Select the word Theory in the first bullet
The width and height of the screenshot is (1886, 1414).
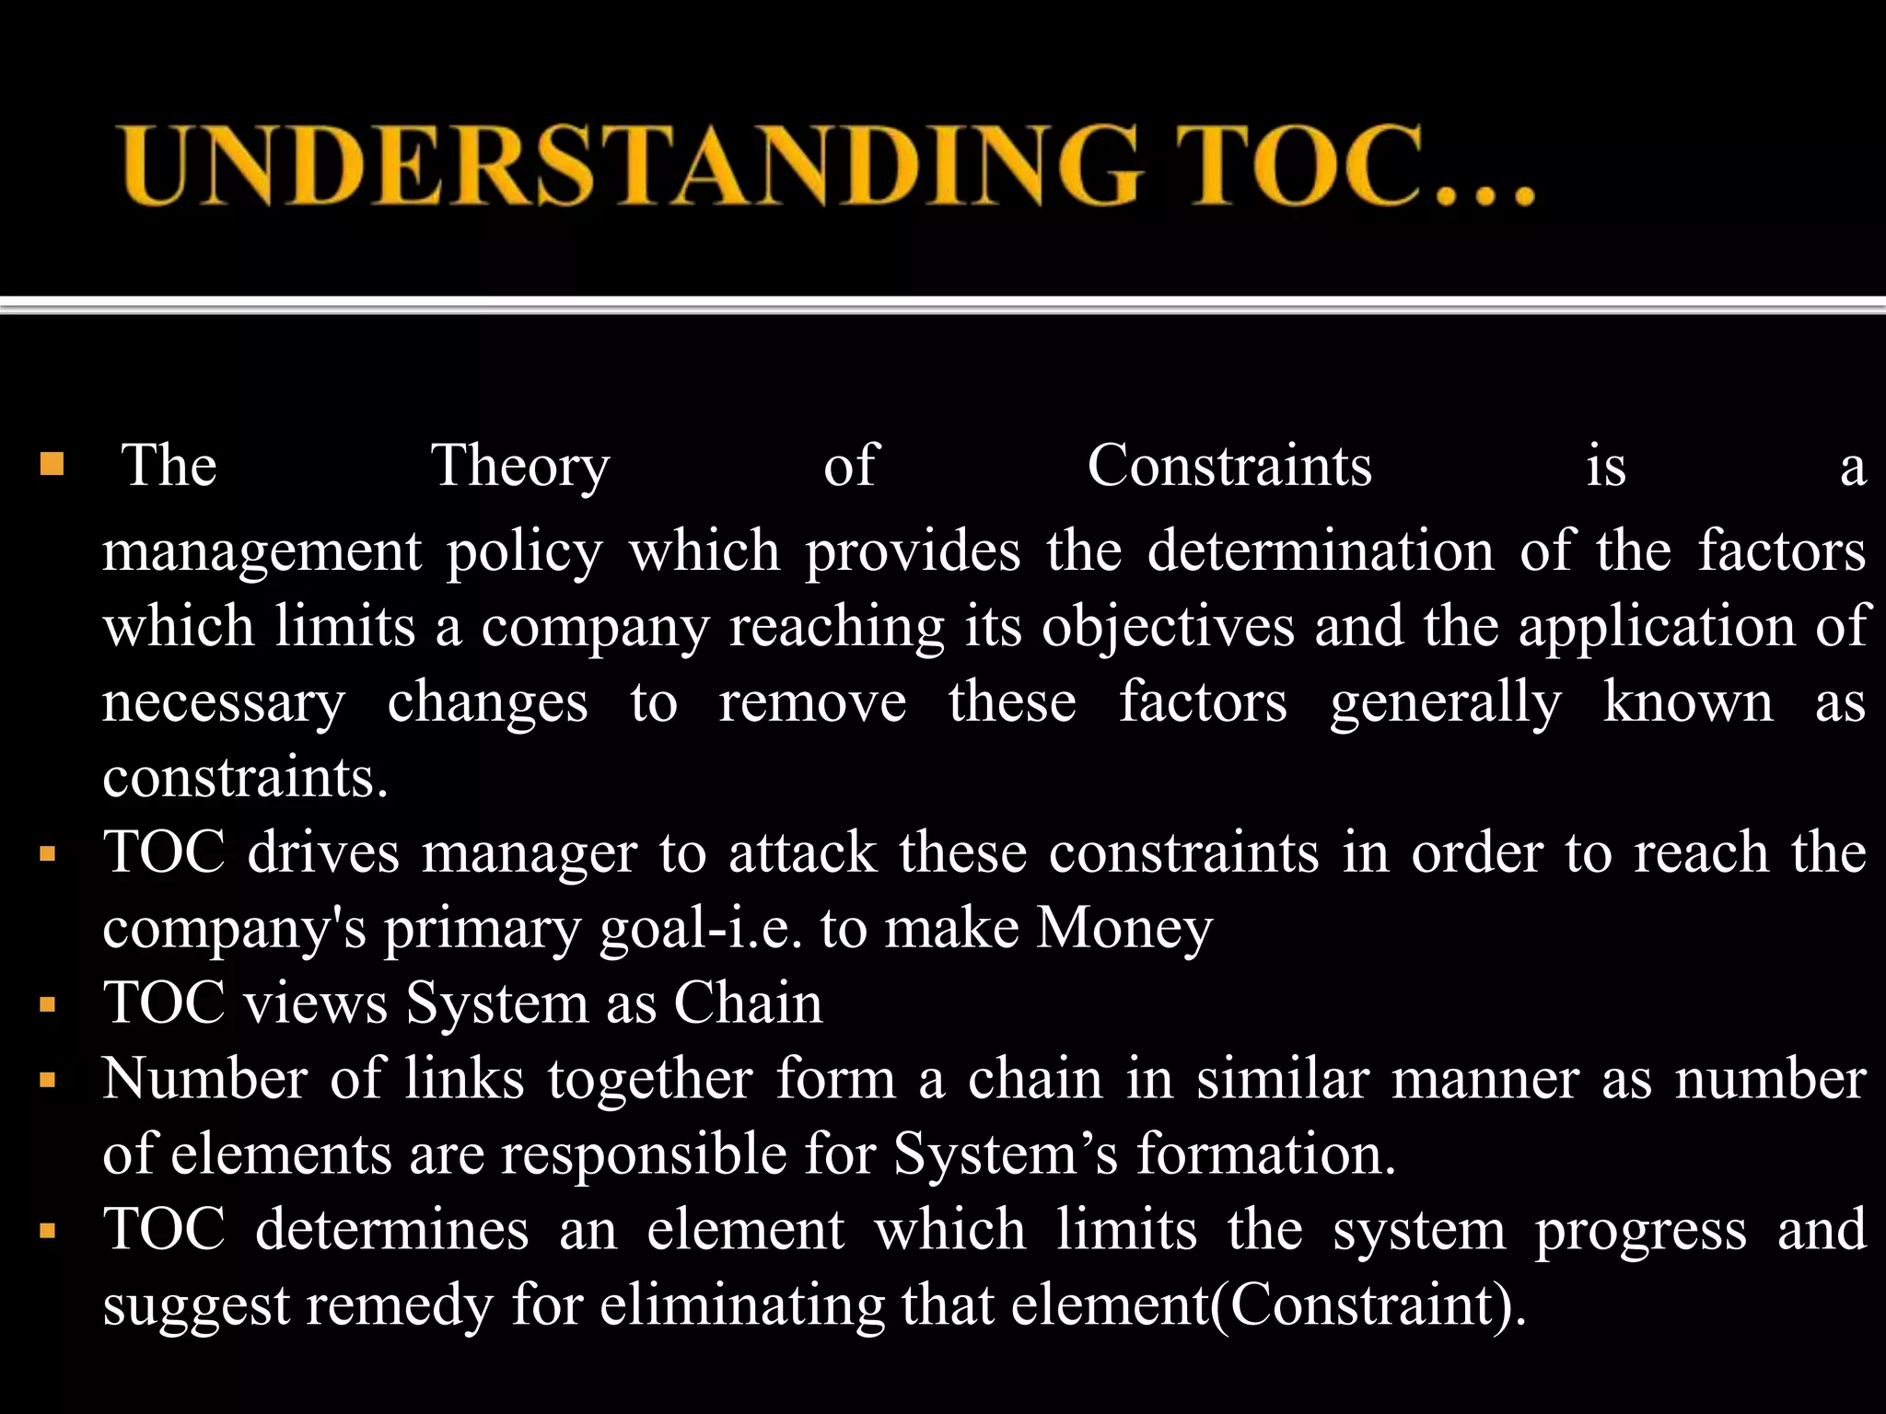tap(520, 466)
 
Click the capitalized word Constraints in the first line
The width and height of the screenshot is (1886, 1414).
tap(1229, 465)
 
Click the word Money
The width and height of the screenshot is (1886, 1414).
tap(1124, 928)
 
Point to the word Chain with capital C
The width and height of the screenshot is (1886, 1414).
tap(748, 1003)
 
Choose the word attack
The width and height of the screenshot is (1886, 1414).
tap(803, 852)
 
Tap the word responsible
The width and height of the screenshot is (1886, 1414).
tap(644, 1154)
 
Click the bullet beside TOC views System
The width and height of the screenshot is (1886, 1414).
tap(49, 1004)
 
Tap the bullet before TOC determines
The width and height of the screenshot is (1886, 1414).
tap(49, 1231)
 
